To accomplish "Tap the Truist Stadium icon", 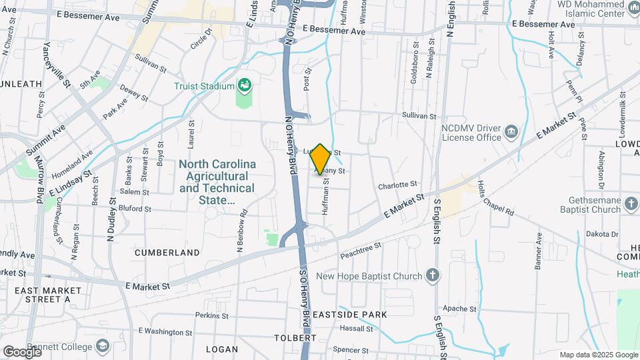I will (x=245, y=85).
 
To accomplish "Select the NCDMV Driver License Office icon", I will (x=511, y=131).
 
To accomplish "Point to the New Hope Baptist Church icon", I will (x=433, y=276).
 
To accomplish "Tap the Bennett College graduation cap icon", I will (x=102, y=346).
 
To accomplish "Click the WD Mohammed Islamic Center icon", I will (x=633, y=7).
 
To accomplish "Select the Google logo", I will (x=22, y=351).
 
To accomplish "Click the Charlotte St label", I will (x=397, y=184).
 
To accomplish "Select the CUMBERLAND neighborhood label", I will (x=167, y=253).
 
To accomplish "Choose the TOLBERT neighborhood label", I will (x=295, y=338).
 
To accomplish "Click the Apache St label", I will (x=460, y=309).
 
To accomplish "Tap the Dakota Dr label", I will (x=603, y=234).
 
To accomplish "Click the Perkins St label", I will (x=212, y=315).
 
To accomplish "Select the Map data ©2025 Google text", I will (x=597, y=355).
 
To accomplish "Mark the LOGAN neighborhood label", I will (x=222, y=349).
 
